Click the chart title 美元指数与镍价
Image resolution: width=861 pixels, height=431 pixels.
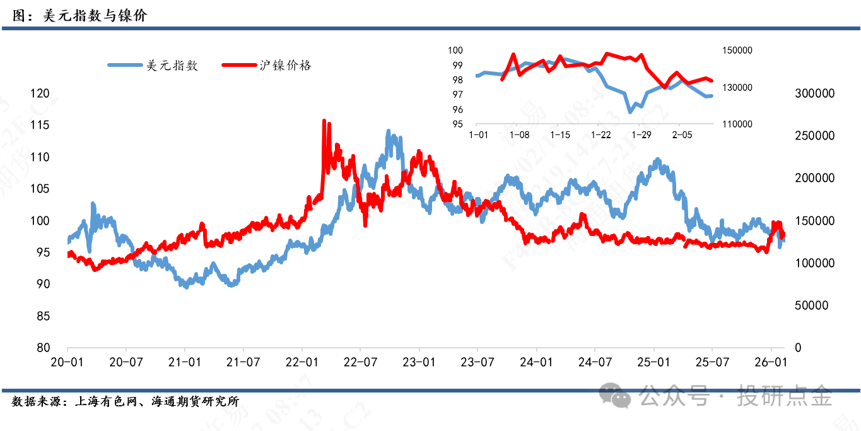click(95, 15)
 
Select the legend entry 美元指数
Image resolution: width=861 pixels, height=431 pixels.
click(172, 65)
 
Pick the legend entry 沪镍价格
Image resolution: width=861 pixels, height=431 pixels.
click(286, 65)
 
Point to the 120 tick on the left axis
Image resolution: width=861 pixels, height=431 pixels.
click(40, 93)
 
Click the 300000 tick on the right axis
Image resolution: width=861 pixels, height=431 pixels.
click(814, 93)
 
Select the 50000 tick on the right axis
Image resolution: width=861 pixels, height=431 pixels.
click(811, 305)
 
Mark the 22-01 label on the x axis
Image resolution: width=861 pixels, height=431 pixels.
click(302, 362)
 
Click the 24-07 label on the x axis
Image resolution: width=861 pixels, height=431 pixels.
click(595, 362)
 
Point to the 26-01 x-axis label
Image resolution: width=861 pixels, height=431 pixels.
click(771, 362)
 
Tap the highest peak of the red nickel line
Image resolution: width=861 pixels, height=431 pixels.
click(324, 121)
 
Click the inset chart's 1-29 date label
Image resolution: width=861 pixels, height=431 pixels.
click(641, 135)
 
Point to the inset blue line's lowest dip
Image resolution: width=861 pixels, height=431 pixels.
click(630, 112)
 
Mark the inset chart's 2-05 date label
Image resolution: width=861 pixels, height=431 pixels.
click(682, 135)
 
